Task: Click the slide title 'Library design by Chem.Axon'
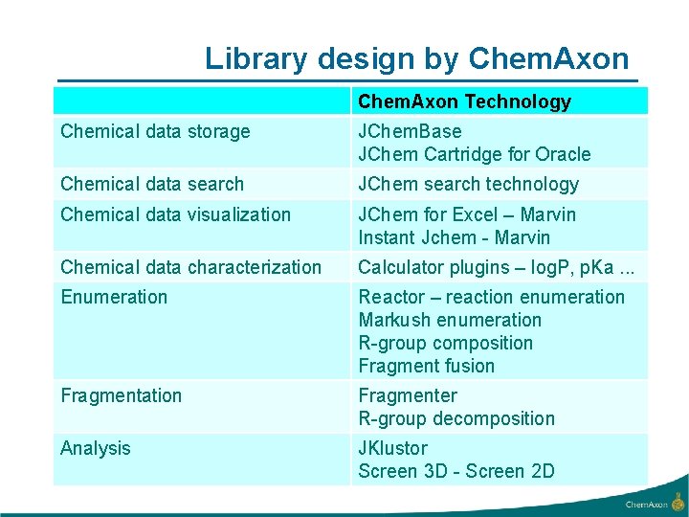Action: (417, 59)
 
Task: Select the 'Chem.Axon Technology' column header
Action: (464, 101)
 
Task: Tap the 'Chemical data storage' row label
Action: (155, 131)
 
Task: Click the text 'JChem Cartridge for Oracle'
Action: (475, 154)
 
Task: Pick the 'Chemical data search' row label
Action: (152, 184)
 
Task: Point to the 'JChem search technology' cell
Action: (468, 184)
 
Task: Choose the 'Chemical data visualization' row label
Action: (175, 214)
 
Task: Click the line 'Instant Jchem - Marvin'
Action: (455, 237)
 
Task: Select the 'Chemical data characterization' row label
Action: (191, 267)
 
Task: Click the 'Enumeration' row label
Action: (114, 297)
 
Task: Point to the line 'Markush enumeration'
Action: (450, 320)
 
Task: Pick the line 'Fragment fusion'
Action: (427, 366)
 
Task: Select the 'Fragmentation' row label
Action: (121, 395)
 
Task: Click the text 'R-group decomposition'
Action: (456, 418)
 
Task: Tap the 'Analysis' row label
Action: (96, 448)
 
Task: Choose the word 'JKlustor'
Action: (392, 448)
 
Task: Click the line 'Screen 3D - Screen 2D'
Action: (456, 471)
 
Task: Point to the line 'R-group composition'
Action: (446, 343)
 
